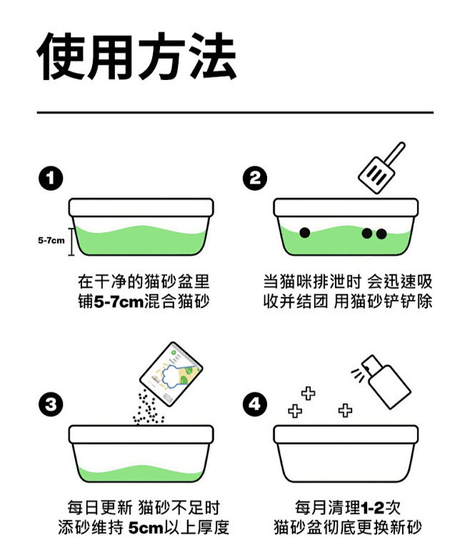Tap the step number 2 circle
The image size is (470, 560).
click(x=255, y=178)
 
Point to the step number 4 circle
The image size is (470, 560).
click(x=255, y=405)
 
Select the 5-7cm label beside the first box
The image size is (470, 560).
click(x=51, y=240)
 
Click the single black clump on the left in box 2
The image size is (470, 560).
click(x=304, y=232)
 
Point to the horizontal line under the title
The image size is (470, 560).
click(x=235, y=113)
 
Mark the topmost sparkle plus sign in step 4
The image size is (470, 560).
click(x=309, y=393)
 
